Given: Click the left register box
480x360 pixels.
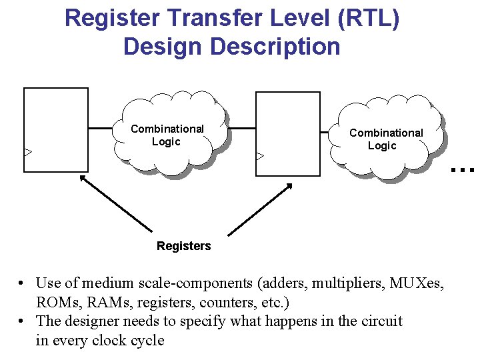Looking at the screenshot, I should (56, 130).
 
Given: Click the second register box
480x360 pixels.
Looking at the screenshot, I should (287, 133).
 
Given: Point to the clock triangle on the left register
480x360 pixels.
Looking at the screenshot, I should (27, 153).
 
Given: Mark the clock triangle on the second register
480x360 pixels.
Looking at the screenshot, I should (260, 156).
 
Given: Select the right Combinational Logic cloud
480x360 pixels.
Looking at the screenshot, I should (386, 139).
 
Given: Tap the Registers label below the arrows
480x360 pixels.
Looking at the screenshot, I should (183, 246).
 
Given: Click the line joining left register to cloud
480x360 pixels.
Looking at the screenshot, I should (101, 127).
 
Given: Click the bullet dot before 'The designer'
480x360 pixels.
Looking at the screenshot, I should (23, 321).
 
